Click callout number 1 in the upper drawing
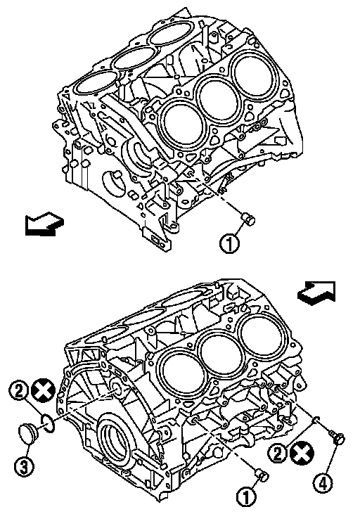pos(229,243)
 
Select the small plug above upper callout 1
pos(249,219)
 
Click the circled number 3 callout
pos(24,467)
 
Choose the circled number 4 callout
pos(323,484)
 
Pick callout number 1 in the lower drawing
pos(247,496)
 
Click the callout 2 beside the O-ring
pos(19,390)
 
